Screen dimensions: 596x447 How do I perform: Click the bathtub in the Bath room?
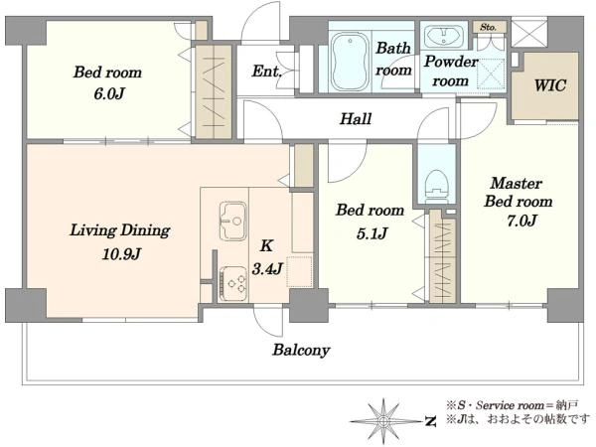(350, 62)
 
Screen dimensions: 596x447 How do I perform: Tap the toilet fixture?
(436, 188)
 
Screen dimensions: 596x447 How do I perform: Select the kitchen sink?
(232, 222)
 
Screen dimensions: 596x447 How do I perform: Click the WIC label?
(550, 85)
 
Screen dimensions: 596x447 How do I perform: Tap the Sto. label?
(488, 27)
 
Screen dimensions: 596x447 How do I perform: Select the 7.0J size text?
(521, 221)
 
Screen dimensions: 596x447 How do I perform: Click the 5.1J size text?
(372, 233)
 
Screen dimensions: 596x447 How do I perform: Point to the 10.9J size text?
(121, 254)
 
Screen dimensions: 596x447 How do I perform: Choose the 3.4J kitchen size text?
(267, 269)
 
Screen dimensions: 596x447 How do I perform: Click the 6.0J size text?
(109, 93)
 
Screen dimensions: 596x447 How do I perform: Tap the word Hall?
(356, 118)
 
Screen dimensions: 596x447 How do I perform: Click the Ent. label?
(266, 72)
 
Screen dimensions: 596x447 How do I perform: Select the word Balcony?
(301, 350)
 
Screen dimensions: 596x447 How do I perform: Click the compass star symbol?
(383, 421)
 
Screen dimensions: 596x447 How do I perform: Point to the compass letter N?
(430, 421)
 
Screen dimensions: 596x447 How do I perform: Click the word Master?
(517, 183)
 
